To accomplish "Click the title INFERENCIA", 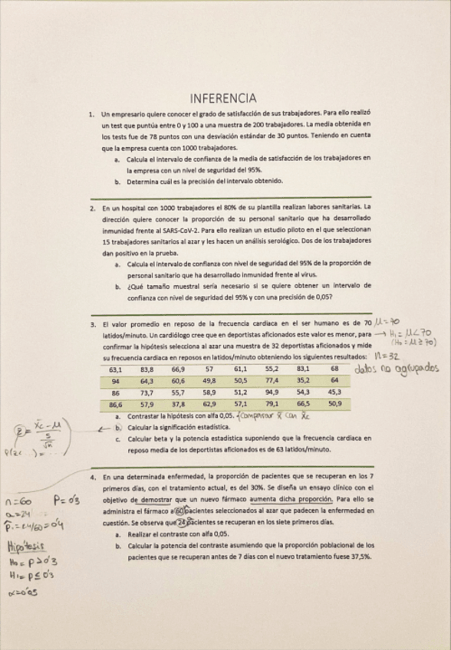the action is point(223,97).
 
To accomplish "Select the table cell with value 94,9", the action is point(272,392).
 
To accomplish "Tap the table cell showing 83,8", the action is point(146,369).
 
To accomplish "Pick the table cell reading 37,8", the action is point(178,403).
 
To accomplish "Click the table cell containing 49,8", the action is point(209,380).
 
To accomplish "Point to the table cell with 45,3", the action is point(334,392).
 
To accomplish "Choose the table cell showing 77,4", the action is point(272,380).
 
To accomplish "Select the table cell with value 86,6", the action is point(116,403).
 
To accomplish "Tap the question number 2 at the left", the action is point(91,207).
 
